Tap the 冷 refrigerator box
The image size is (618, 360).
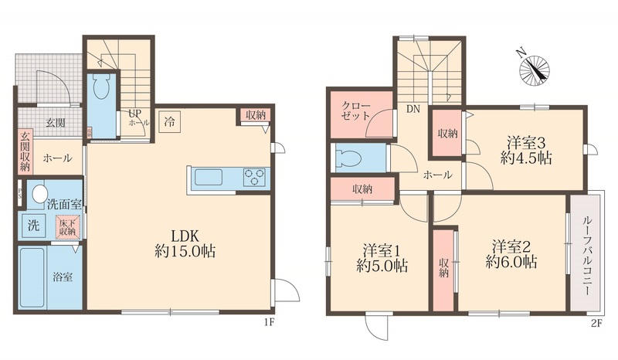tap(168, 121)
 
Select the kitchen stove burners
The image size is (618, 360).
tap(253, 177)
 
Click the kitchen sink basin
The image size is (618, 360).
tap(209, 177)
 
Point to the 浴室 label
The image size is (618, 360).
tap(63, 277)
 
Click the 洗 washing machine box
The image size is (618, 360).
tap(33, 226)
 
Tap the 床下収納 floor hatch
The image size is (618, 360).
tap(66, 226)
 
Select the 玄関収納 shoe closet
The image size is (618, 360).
tap(25, 153)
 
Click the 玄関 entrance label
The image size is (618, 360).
tap(54, 122)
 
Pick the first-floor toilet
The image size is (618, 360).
tap(101, 90)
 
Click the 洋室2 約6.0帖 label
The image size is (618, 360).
tap(511, 254)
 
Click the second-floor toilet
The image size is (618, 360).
tap(351, 158)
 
